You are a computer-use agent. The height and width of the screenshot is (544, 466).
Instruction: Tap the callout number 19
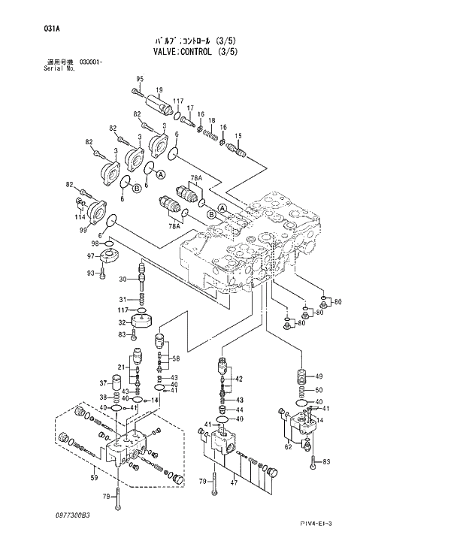[159, 90]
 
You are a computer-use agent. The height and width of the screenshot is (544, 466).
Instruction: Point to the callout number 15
[238, 135]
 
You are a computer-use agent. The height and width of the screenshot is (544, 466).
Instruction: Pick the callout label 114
[80, 216]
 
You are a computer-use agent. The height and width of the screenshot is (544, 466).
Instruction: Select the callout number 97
[92, 256]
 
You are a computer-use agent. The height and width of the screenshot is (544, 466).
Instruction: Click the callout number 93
[91, 272]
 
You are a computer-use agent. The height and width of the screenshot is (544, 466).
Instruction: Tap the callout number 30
[123, 280]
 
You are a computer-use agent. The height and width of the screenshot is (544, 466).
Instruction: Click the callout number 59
[95, 476]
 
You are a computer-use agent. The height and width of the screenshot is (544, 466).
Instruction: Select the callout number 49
[319, 376]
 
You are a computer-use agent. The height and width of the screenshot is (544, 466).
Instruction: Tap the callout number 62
[288, 447]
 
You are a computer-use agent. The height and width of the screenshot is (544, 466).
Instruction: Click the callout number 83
[327, 461]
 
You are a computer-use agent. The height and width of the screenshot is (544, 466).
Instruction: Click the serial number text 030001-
[91, 62]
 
